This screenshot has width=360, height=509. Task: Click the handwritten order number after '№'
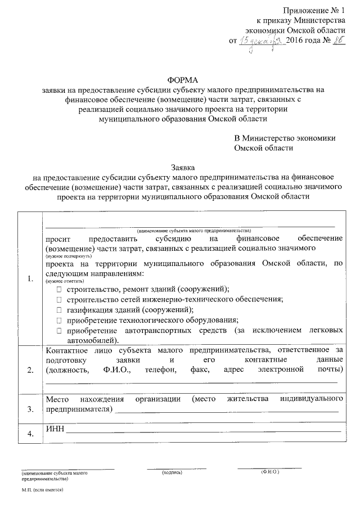click(337, 40)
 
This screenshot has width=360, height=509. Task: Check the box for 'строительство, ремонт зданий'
click(59, 289)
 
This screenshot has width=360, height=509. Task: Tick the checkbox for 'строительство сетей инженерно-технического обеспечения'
click(59, 299)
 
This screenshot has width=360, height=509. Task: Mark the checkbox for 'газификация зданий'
click(59, 310)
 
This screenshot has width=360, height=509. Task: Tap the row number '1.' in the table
click(29, 279)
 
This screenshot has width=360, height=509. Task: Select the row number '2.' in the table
click(29, 370)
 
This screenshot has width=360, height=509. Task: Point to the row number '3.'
click(29, 408)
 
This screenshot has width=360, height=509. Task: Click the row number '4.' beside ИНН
click(29, 434)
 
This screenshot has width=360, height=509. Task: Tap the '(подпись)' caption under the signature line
click(171, 472)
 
